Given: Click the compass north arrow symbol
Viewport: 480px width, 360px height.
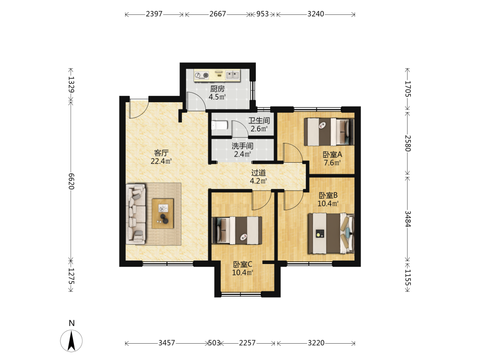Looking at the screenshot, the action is click(72, 341).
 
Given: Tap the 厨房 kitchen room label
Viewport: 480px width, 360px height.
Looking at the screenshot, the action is click(217, 89).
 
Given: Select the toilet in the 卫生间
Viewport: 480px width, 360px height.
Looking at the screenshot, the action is click(219, 125).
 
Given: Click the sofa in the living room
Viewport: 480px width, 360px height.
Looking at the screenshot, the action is click(136, 214).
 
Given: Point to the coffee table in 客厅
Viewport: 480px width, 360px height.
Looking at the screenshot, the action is click(163, 214).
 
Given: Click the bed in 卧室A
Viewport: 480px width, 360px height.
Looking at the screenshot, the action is click(329, 132).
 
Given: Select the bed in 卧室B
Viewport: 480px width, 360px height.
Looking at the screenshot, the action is click(331, 234).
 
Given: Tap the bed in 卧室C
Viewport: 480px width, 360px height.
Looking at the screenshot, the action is click(237, 230).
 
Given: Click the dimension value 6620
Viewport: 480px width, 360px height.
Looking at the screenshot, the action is click(71, 181).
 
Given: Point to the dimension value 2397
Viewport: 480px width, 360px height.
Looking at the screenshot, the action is click(154, 14).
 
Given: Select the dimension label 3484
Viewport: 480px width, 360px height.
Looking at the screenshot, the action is click(408, 219).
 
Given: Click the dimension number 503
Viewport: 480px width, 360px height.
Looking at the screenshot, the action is click(214, 343).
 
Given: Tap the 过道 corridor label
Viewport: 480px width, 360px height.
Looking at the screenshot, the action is click(258, 173).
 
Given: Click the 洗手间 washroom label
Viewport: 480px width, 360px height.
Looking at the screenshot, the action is click(242, 146).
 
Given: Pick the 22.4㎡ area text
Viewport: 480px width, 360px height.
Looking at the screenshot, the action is click(161, 161).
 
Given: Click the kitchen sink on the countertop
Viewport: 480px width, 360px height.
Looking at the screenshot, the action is click(233, 75).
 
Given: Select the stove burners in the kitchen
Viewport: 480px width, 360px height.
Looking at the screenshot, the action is click(202, 75).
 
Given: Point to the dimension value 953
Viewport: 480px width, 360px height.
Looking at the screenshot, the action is click(263, 14).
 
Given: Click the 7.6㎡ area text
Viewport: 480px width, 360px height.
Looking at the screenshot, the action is click(333, 163).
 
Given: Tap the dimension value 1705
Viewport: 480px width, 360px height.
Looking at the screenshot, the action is click(408, 89).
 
